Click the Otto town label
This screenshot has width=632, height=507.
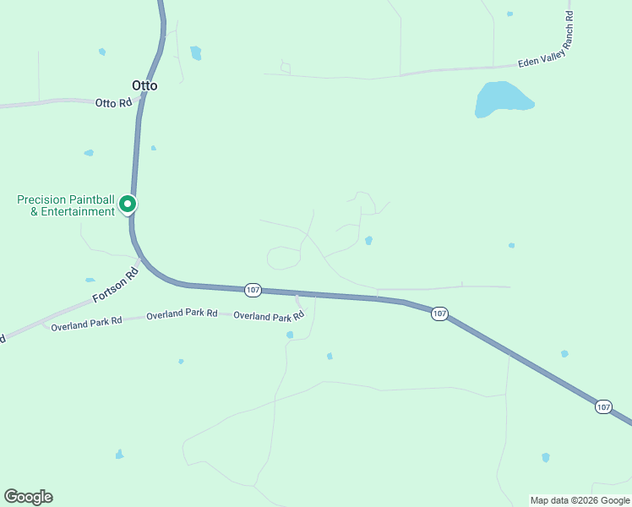tap(144, 85)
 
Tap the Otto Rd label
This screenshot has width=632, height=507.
tap(113, 103)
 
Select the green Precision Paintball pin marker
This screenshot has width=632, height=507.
tap(128, 204)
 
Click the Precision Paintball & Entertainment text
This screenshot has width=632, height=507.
tap(66, 205)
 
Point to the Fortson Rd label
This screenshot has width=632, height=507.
tap(114, 288)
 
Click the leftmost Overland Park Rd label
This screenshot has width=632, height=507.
tap(86, 322)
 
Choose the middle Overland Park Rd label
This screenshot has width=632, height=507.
tap(182, 314)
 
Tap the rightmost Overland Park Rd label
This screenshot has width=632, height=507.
tap(269, 317)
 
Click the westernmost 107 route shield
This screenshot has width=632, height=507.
tap(253, 290)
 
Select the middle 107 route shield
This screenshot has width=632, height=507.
tap(439, 313)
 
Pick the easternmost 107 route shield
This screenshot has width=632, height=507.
tap(602, 406)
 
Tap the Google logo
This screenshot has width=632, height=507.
tap(28, 497)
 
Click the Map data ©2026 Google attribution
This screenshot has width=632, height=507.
tap(580, 500)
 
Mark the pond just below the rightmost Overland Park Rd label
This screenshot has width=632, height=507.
tap(290, 335)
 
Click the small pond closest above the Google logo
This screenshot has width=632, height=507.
tap(119, 455)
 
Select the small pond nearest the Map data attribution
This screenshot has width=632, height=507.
tap(546, 457)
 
